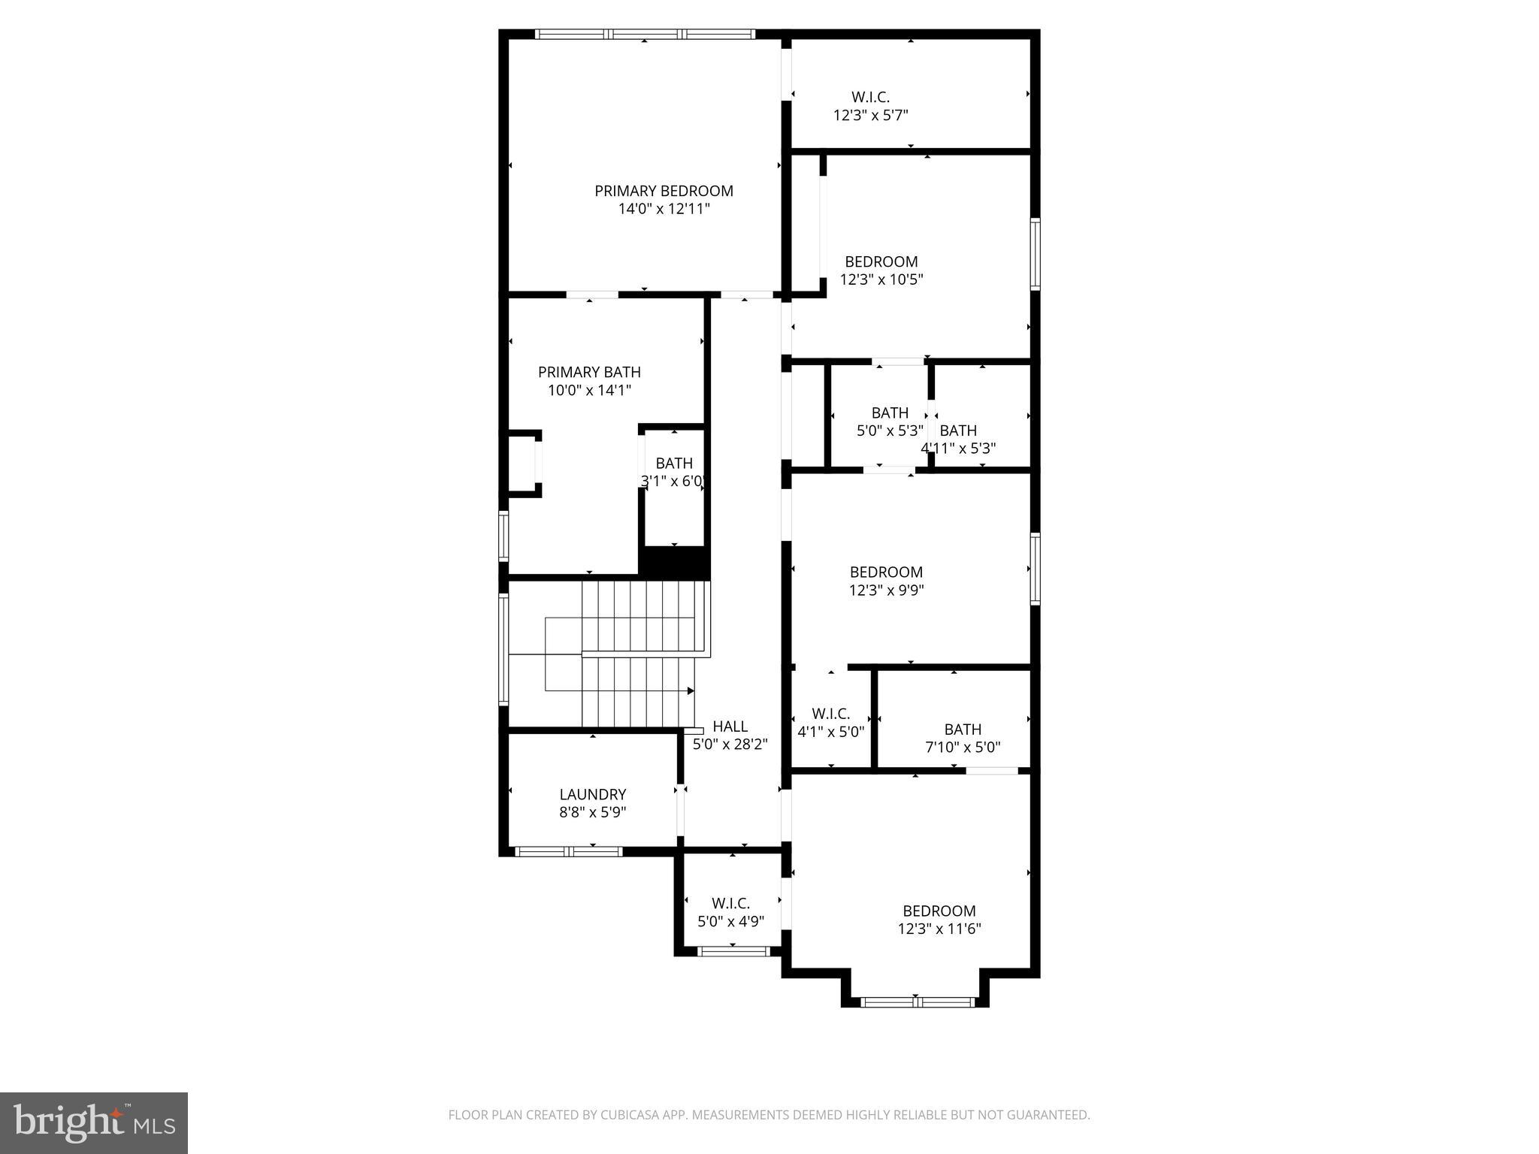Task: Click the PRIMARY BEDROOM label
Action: [664, 191]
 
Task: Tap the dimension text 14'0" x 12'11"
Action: [664, 210]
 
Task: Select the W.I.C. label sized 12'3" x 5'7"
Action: [870, 97]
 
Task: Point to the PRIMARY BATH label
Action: [589, 372]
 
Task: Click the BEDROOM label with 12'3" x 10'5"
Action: [881, 261]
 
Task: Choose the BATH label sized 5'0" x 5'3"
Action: [890, 412]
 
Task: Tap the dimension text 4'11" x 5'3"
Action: [958, 449]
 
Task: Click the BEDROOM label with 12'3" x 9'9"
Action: [886, 572]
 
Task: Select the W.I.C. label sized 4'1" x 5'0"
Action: [830, 714]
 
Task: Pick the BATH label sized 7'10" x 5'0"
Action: [963, 729]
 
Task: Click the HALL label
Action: [730, 727]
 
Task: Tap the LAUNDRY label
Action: [592, 794]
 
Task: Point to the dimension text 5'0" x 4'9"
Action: [730, 921]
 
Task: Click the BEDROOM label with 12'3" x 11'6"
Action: [939, 911]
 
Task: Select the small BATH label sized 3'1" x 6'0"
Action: [673, 464]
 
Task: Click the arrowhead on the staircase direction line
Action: [691, 690]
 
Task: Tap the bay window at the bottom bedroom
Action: [917, 1001]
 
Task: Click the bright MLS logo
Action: [94, 1122]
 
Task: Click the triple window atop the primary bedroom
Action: [644, 34]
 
